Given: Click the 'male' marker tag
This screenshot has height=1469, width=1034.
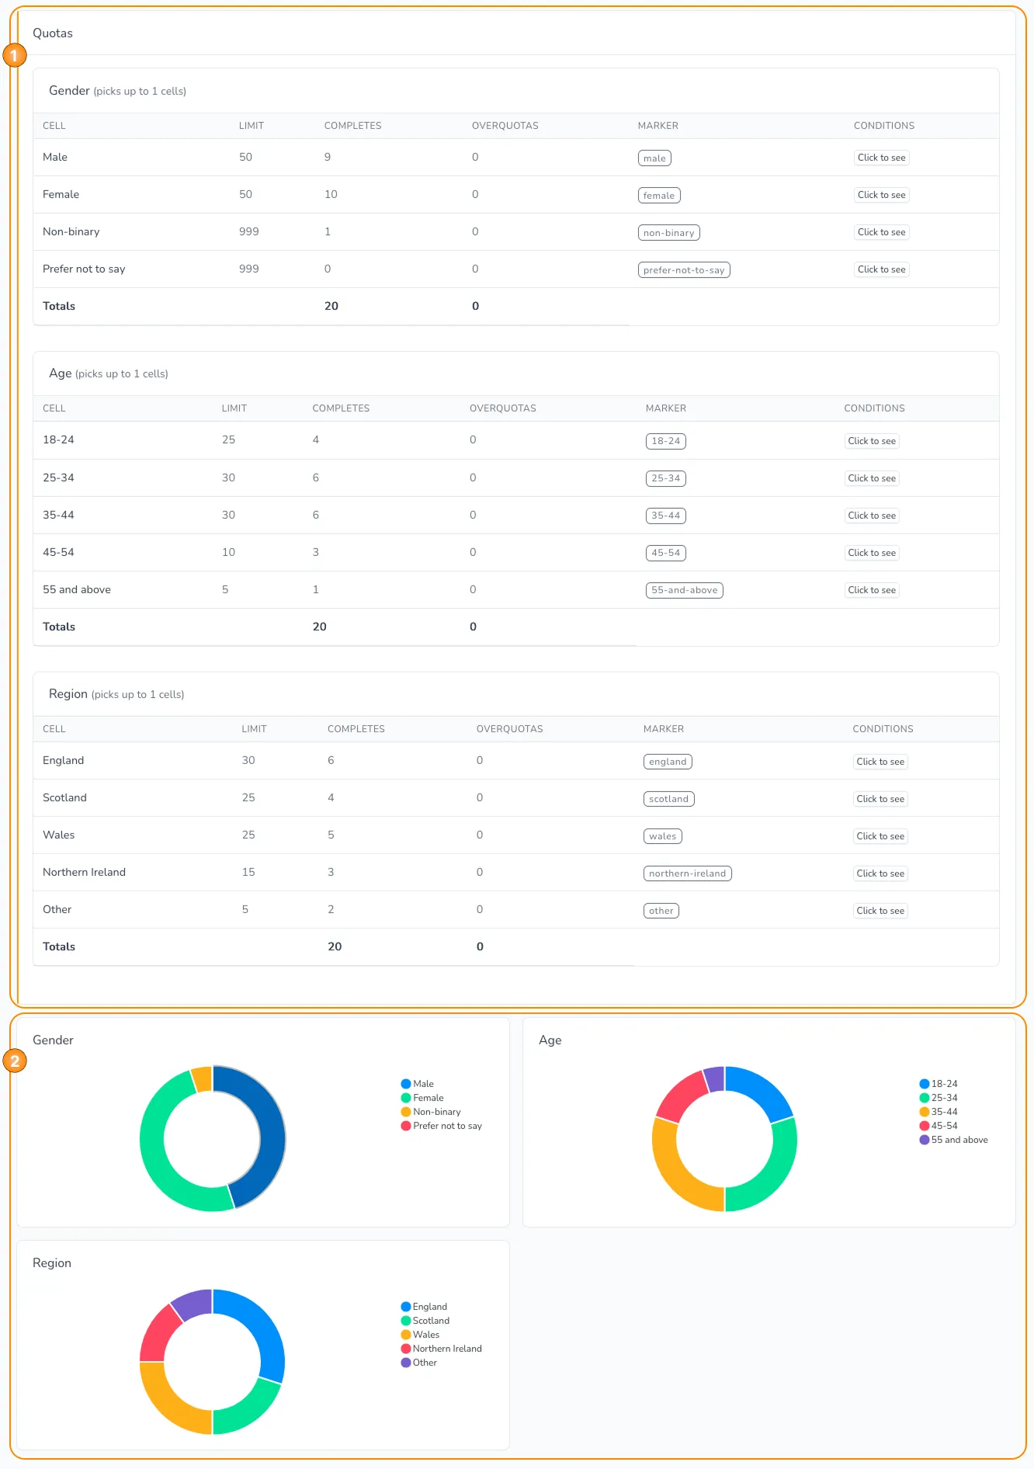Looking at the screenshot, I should click(654, 158).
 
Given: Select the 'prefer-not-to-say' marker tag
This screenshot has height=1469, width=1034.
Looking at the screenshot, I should click(684, 270).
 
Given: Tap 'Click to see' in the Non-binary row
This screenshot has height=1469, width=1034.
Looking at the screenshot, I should click(881, 232).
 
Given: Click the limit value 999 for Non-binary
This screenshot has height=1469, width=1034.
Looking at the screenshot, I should click(248, 231).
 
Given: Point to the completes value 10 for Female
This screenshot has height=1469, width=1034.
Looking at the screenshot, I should click(331, 194).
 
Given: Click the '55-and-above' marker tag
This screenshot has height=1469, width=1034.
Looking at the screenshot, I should click(684, 590).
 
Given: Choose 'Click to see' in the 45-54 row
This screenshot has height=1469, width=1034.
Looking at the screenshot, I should click(872, 553).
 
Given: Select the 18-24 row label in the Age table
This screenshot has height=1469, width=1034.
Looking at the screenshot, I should click(58, 439).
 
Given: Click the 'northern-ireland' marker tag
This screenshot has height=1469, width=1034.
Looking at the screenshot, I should click(687, 873).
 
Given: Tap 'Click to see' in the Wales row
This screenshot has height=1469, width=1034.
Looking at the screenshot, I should click(880, 836).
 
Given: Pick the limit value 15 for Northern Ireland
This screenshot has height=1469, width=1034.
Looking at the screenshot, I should click(248, 872).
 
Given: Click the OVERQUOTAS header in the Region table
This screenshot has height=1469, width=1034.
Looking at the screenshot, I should click(509, 729).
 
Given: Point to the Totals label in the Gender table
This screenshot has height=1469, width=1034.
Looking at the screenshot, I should click(59, 306).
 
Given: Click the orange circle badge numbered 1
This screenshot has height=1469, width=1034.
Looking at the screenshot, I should click(15, 55).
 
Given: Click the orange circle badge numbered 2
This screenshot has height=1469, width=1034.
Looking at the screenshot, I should click(15, 1061).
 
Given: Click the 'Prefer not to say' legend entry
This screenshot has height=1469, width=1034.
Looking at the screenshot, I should click(446, 1126).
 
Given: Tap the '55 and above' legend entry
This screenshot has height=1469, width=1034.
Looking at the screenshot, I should click(959, 1140).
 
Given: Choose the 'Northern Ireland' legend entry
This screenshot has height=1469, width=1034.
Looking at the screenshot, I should click(446, 1349).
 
